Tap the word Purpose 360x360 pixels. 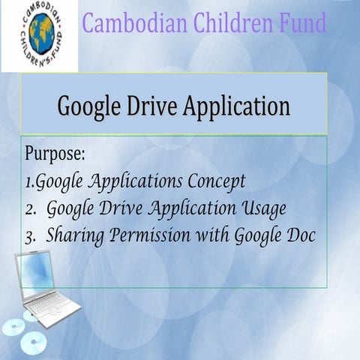click(x=55, y=154)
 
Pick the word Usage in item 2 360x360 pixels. click(x=259, y=208)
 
